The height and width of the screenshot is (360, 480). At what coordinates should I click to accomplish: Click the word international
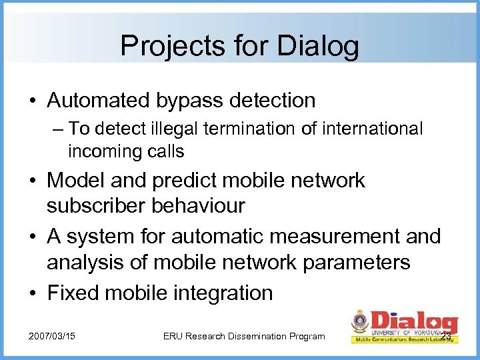[x=373, y=129]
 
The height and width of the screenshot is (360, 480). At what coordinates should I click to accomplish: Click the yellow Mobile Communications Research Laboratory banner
[x=405, y=339]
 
